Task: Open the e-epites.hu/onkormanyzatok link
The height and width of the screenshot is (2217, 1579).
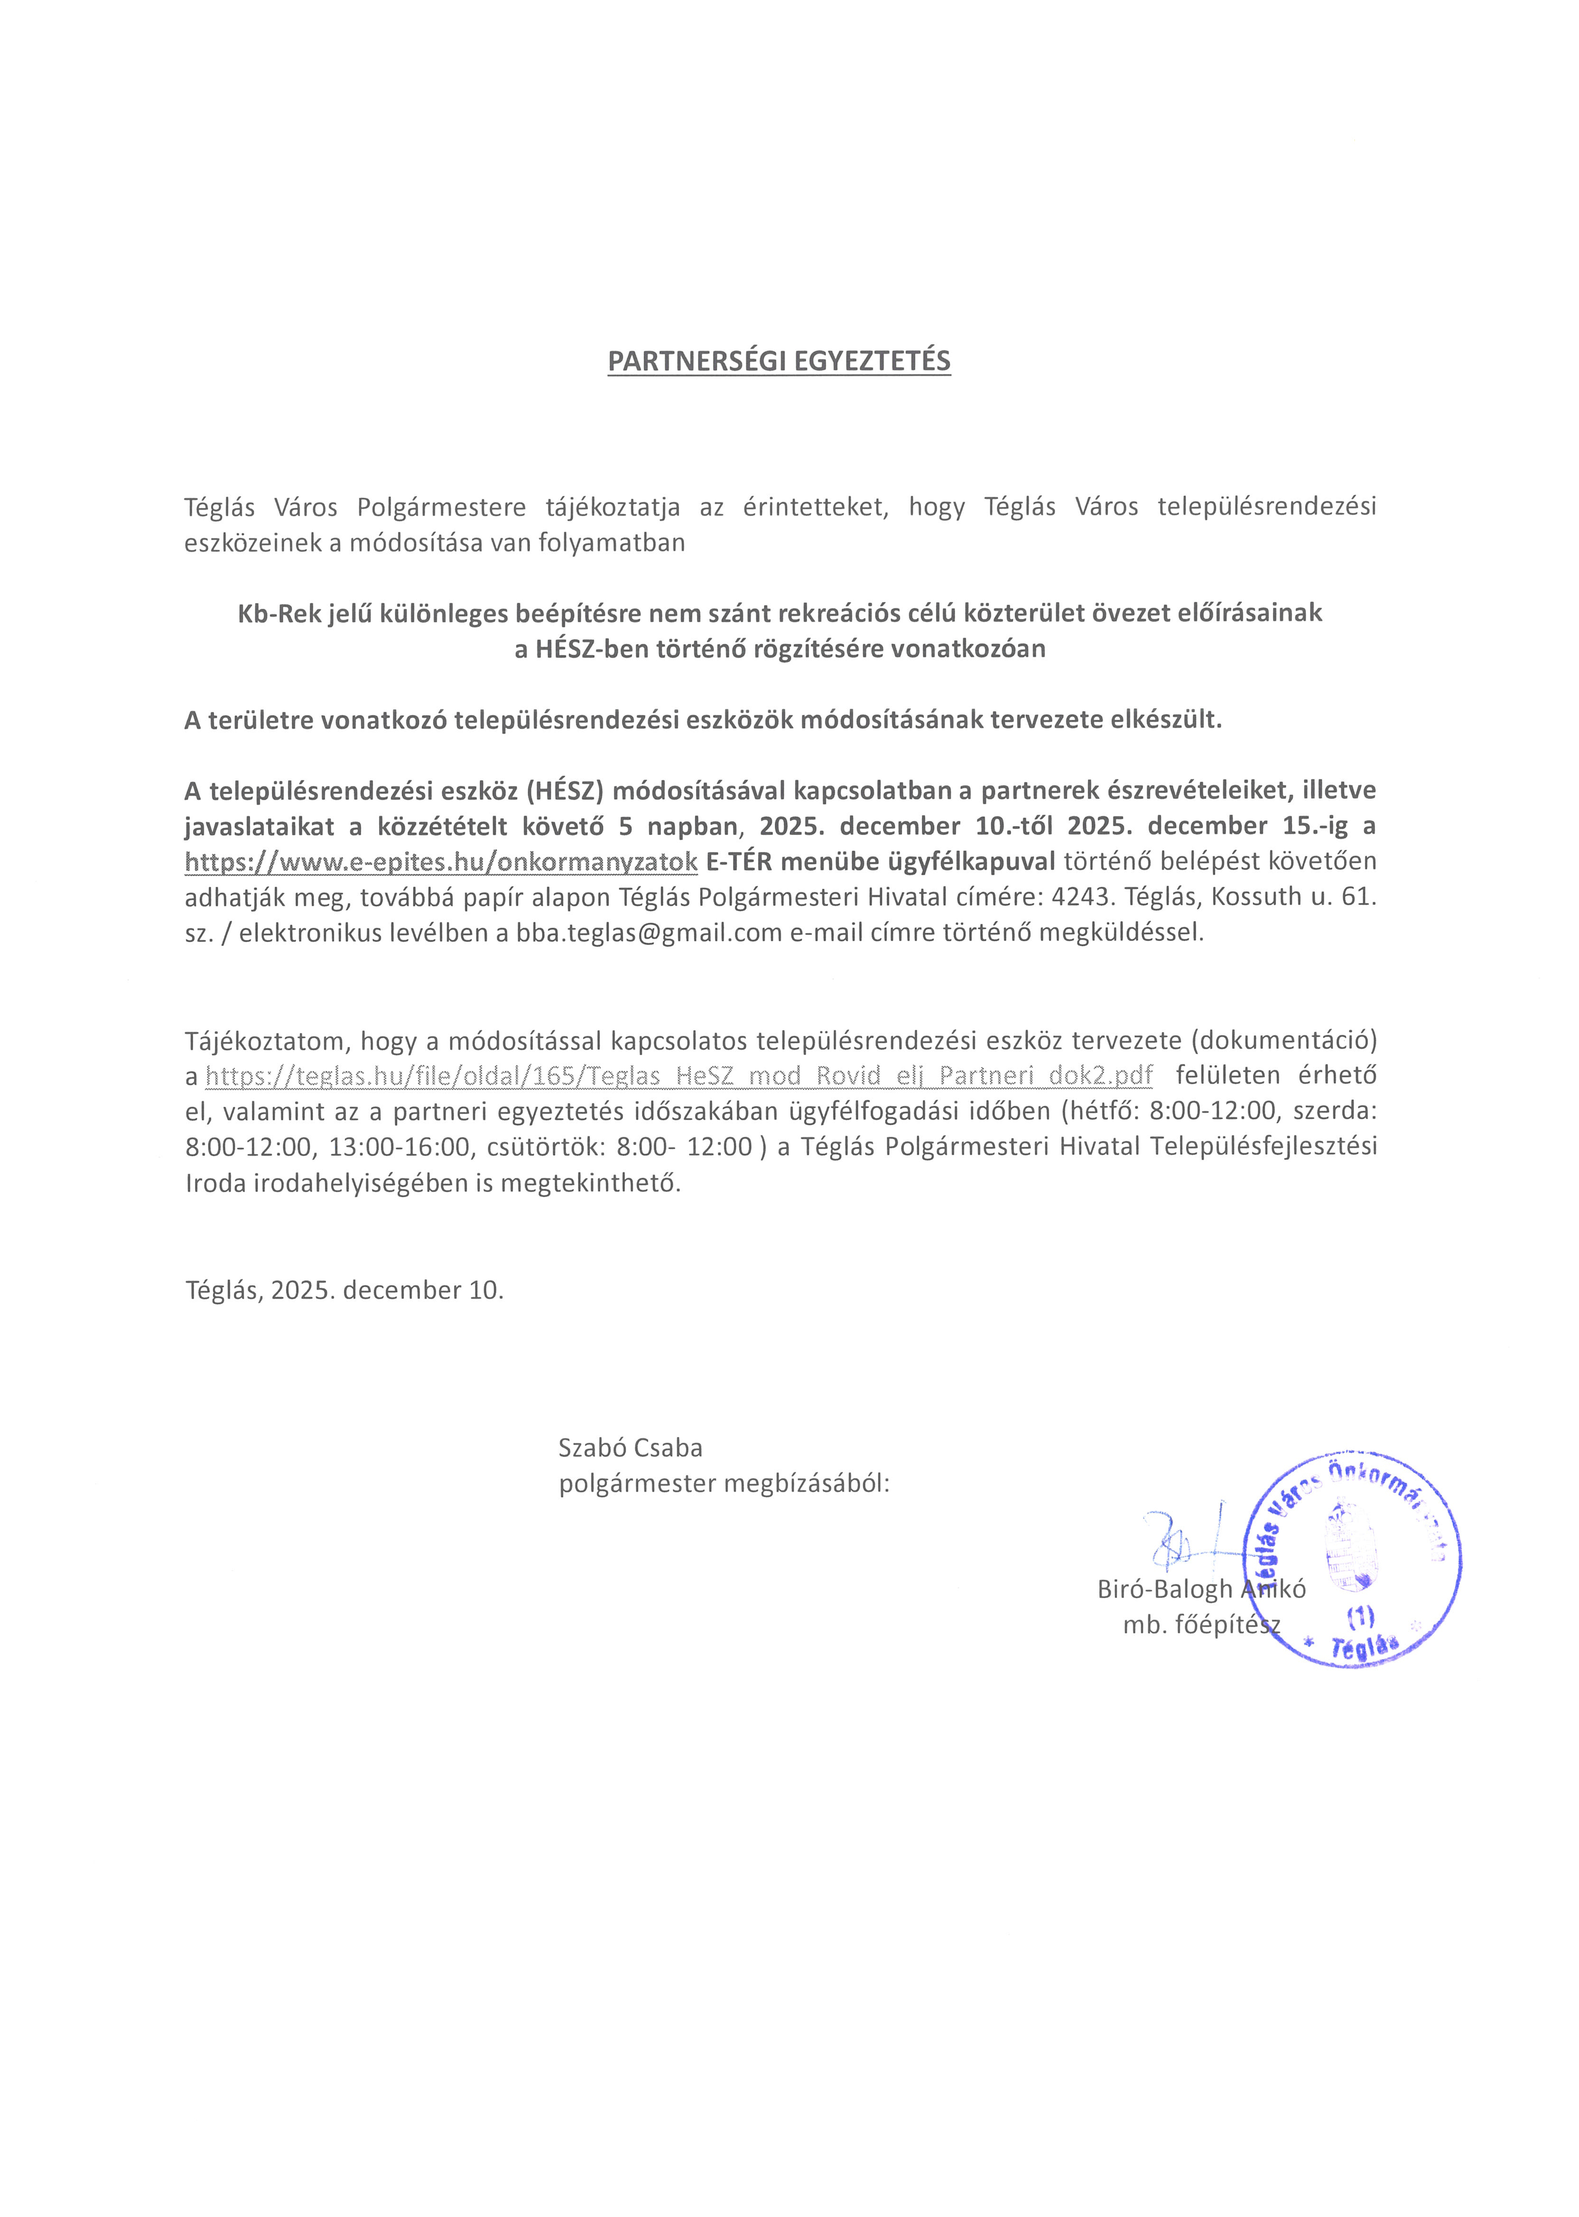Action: pos(440,862)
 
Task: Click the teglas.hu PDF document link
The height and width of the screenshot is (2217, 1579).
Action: pos(678,1075)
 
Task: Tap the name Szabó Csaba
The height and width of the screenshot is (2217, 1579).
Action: pos(630,1448)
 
